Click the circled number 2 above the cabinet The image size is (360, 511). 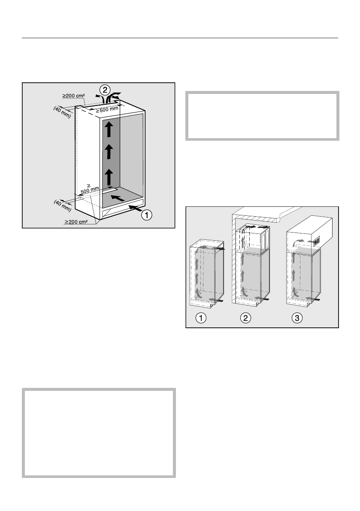[104, 90]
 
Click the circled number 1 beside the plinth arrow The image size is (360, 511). [147, 215]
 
